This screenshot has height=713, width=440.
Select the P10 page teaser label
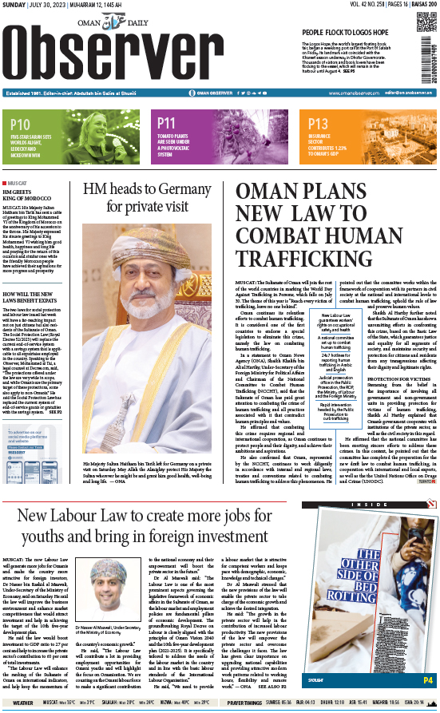pyautogui.click(x=22, y=124)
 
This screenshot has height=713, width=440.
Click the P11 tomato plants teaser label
pyautogui.click(x=167, y=124)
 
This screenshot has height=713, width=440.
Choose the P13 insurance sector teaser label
pyautogui.click(x=319, y=124)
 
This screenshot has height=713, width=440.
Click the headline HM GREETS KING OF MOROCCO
pyautogui.click(x=28, y=196)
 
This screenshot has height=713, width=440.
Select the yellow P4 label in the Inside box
pyautogui.click(x=427, y=680)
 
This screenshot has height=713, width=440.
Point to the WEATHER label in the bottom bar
pyautogui.click(x=23, y=703)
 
